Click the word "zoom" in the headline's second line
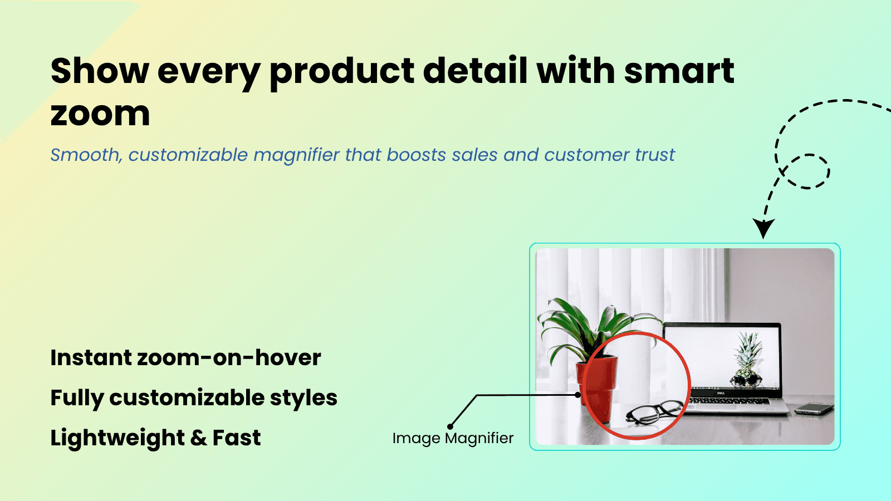pos(100,114)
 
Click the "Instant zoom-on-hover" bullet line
pos(185,357)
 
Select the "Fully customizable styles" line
pos(194,398)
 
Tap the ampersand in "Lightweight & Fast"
pos(198,438)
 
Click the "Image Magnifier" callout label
pos(453,438)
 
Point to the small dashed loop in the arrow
pos(808,171)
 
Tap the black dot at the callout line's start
pos(578,395)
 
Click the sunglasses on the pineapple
pos(746,380)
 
